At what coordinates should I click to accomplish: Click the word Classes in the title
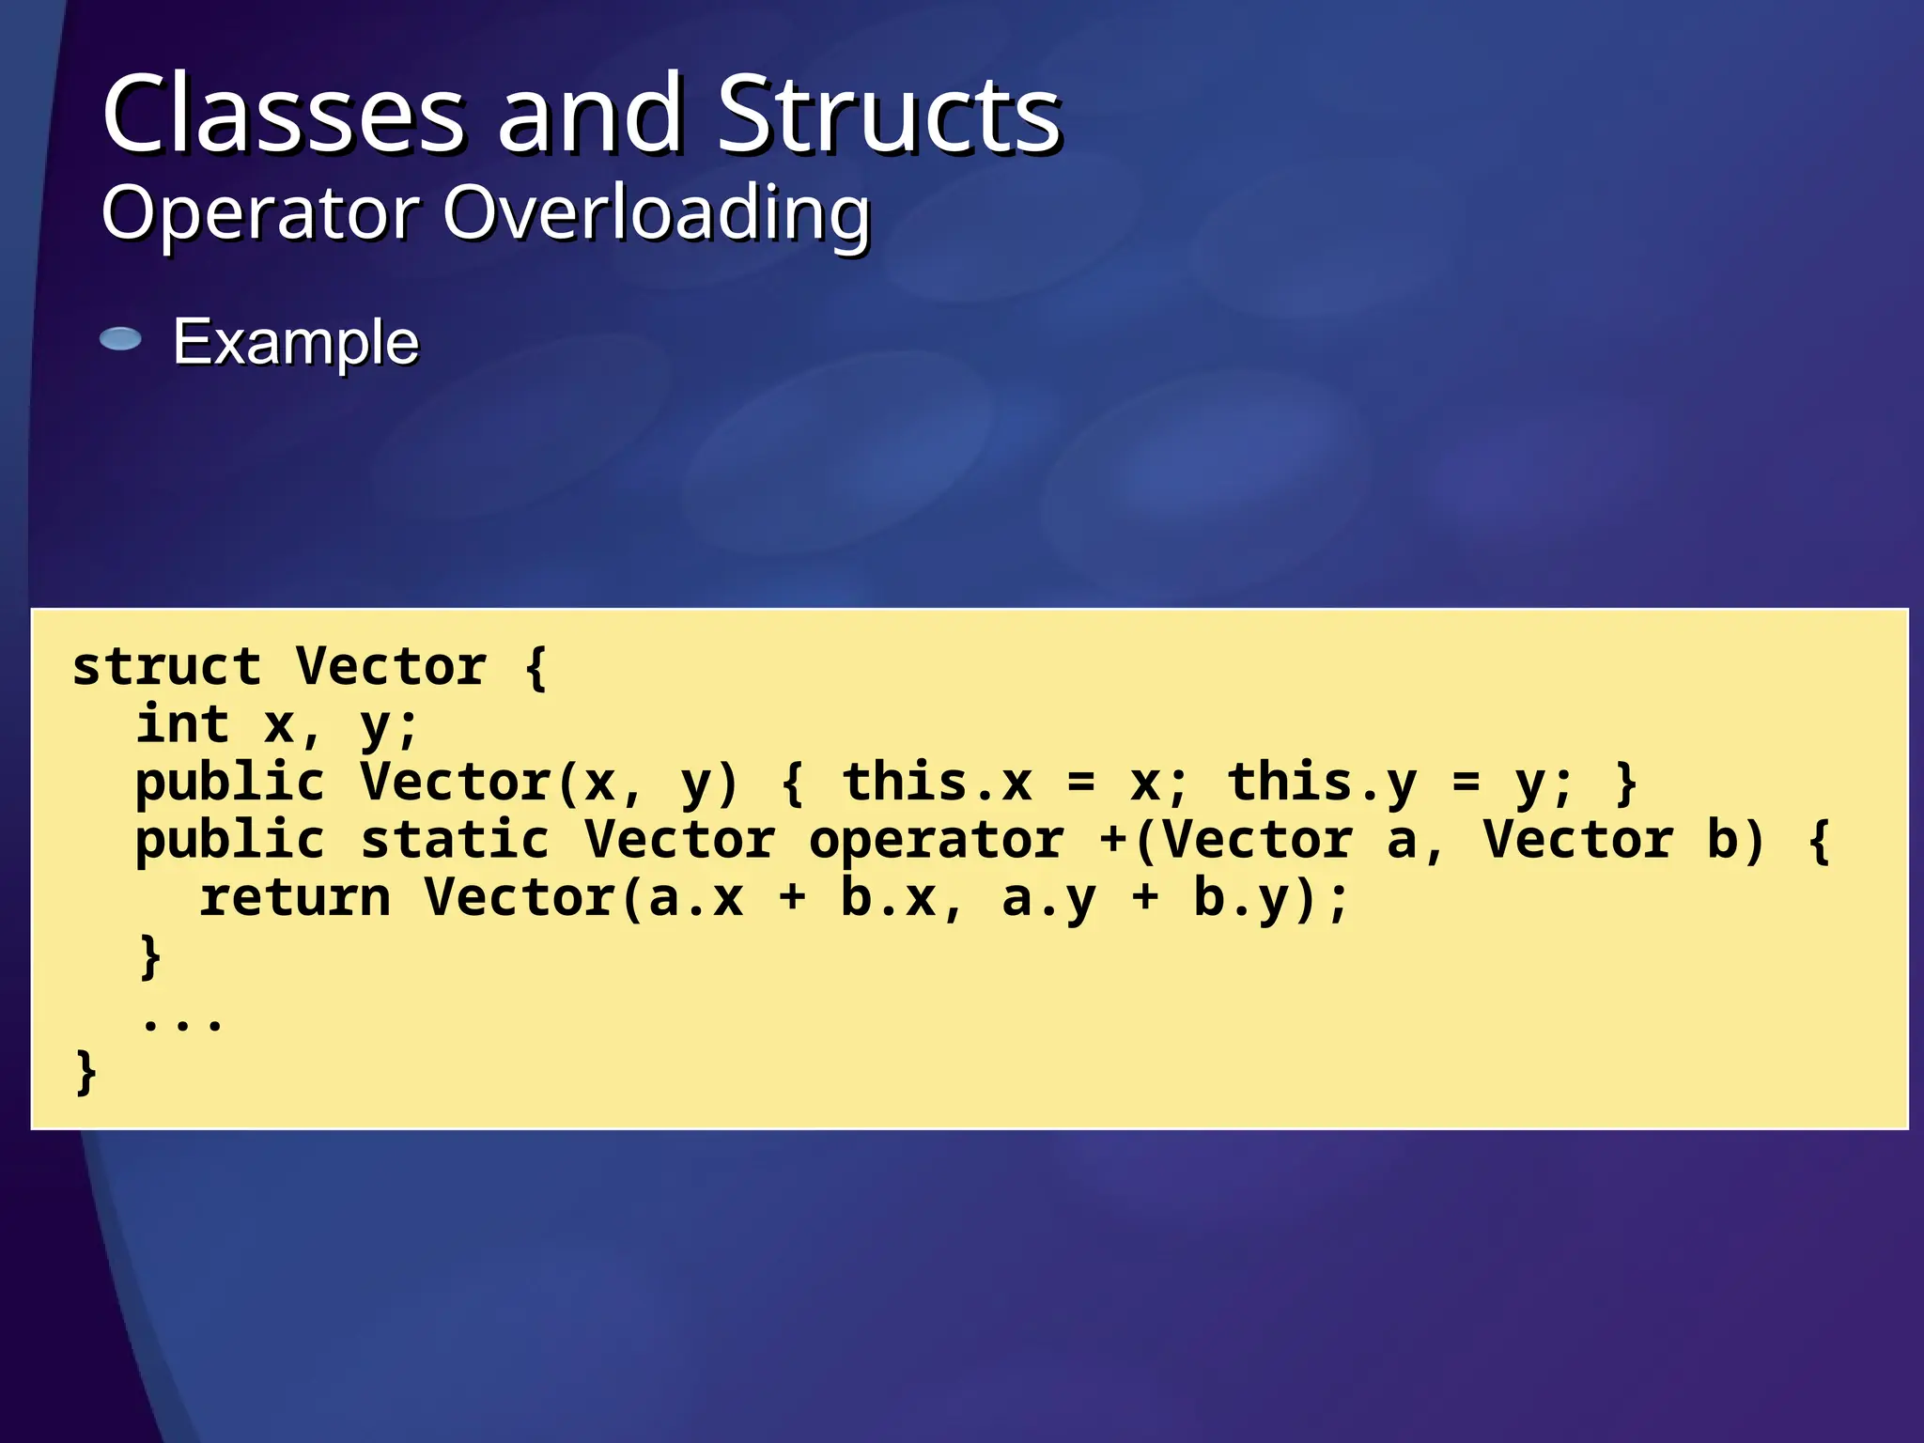pos(283,115)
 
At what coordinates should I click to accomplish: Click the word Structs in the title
pos(889,115)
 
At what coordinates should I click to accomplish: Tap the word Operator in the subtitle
pos(260,212)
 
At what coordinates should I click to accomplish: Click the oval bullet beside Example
pos(120,339)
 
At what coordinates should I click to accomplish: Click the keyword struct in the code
pos(166,667)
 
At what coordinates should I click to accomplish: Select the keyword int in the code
pos(182,724)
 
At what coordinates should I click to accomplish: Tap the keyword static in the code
pos(455,839)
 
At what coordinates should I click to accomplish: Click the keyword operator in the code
pos(937,841)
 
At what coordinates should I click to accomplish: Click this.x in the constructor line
pos(937,783)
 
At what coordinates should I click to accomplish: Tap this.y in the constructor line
pos(1322,783)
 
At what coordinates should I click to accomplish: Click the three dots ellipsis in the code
pos(182,1021)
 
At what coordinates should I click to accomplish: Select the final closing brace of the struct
pos(85,1072)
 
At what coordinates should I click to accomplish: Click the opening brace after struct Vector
pos(535,667)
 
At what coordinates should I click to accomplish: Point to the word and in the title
pos(589,115)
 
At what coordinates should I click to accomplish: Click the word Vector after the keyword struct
pos(391,667)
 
